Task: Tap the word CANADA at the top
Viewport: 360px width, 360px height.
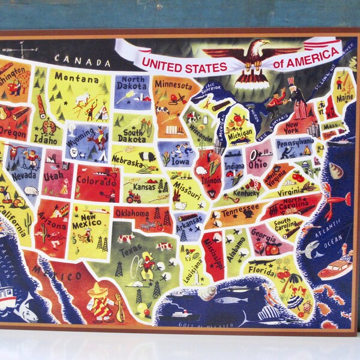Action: [81, 59]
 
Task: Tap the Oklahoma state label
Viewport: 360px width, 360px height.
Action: [131, 213]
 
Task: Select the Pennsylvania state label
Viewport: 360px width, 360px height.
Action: [295, 143]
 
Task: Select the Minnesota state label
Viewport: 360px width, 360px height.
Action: [173, 85]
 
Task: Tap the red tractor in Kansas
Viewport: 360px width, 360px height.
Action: [133, 197]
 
